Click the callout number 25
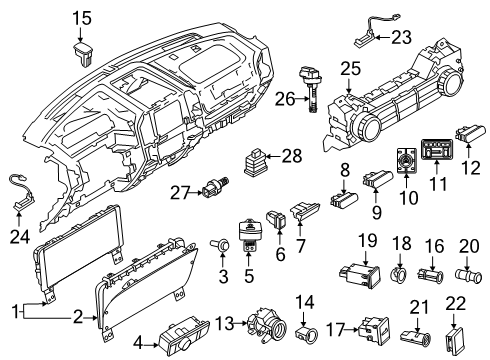point(349,67)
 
